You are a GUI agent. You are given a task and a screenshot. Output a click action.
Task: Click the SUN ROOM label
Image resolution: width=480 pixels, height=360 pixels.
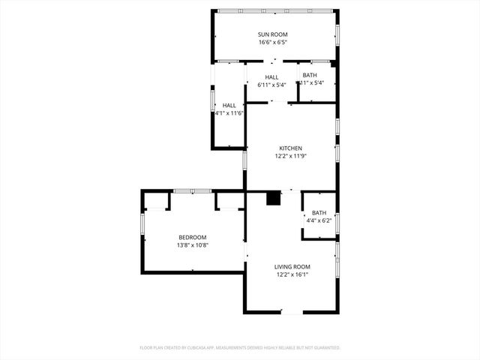point(273,34)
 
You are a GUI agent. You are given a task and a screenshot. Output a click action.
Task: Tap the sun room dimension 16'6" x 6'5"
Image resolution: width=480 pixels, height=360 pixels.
point(273,43)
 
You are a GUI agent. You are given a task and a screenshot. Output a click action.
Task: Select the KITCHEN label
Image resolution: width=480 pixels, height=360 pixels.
point(291,148)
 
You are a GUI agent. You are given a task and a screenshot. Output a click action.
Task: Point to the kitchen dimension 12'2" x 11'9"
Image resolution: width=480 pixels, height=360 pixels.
point(291,156)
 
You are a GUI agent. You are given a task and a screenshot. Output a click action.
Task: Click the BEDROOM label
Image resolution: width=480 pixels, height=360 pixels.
point(192,237)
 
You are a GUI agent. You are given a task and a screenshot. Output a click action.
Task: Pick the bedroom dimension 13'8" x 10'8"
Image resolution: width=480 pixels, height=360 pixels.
point(192,245)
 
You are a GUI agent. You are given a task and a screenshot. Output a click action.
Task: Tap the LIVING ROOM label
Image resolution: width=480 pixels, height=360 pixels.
point(292,266)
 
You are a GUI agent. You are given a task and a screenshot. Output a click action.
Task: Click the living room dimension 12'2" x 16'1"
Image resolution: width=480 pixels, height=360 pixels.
point(292,274)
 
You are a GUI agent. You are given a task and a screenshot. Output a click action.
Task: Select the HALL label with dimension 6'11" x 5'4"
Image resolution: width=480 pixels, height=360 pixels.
point(271,77)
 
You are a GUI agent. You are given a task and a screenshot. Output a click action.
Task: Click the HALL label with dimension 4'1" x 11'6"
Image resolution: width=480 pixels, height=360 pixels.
point(229,106)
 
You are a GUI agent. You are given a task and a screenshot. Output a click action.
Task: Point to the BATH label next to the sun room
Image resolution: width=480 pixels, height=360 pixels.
point(310,75)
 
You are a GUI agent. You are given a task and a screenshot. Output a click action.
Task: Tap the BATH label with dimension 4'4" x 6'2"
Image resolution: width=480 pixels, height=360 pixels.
point(319,212)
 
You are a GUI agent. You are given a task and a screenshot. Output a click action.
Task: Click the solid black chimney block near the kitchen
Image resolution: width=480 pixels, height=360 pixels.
point(274,199)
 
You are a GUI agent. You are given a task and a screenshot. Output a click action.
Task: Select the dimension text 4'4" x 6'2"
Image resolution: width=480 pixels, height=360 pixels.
point(319,220)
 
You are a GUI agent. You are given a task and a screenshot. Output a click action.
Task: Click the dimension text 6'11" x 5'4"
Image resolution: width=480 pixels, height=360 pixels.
point(271,85)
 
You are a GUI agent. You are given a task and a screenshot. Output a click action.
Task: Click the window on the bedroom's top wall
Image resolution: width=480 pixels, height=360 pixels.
point(193,191)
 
